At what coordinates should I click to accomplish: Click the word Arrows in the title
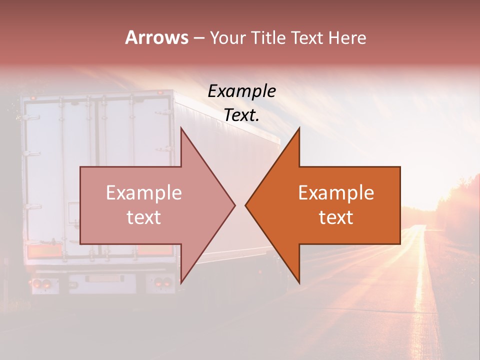156,37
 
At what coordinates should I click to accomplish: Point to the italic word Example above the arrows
241,91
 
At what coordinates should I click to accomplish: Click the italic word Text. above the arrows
241,115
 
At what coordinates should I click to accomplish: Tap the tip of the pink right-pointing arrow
234,205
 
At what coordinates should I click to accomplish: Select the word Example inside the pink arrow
143,193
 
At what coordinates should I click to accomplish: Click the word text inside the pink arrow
143,217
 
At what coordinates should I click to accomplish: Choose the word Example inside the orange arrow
336,193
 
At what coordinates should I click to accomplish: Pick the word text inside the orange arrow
336,217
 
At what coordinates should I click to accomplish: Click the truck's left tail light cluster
41,283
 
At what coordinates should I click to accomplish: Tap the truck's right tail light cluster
160,282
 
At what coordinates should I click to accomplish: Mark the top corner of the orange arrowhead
299,128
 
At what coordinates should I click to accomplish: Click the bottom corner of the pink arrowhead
181,282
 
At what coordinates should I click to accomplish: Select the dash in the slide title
198,38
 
